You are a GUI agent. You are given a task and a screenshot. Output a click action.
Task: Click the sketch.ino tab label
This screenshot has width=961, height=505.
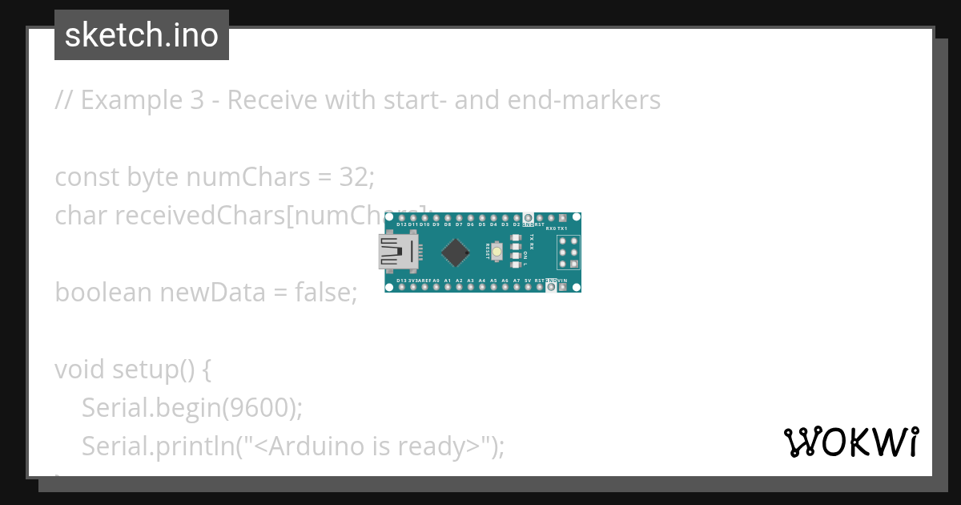point(141,35)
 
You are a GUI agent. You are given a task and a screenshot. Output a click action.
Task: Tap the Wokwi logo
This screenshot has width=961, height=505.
point(850,442)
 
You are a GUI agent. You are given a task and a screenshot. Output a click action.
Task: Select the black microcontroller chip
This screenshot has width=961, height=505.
point(456,252)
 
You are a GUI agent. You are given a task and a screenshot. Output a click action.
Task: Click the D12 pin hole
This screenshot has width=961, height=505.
point(400,218)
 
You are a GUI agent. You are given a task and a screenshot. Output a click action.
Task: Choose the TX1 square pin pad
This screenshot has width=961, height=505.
point(562,218)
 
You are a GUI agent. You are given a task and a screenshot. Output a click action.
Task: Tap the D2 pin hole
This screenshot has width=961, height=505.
point(517,218)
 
